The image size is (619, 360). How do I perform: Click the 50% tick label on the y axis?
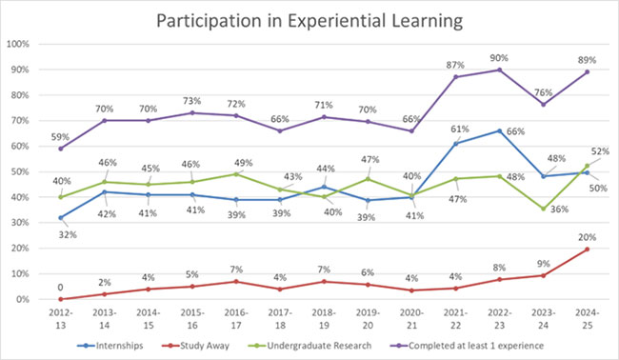(x=20, y=171)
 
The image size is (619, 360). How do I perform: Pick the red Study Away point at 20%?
(x=586, y=249)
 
